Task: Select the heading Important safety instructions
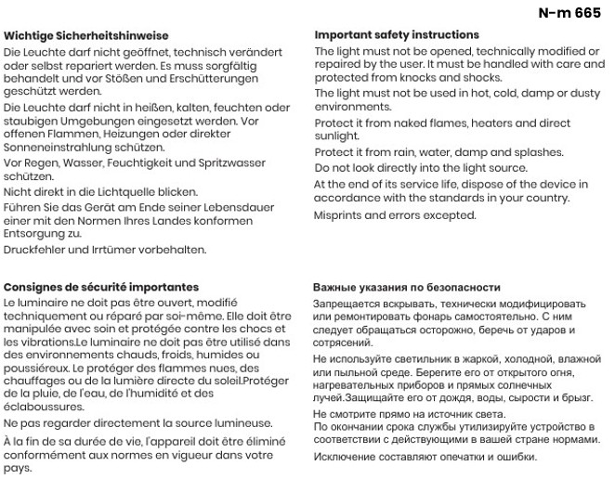tap(397, 35)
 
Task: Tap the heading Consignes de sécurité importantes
tap(101, 288)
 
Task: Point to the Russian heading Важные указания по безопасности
tap(407, 288)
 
